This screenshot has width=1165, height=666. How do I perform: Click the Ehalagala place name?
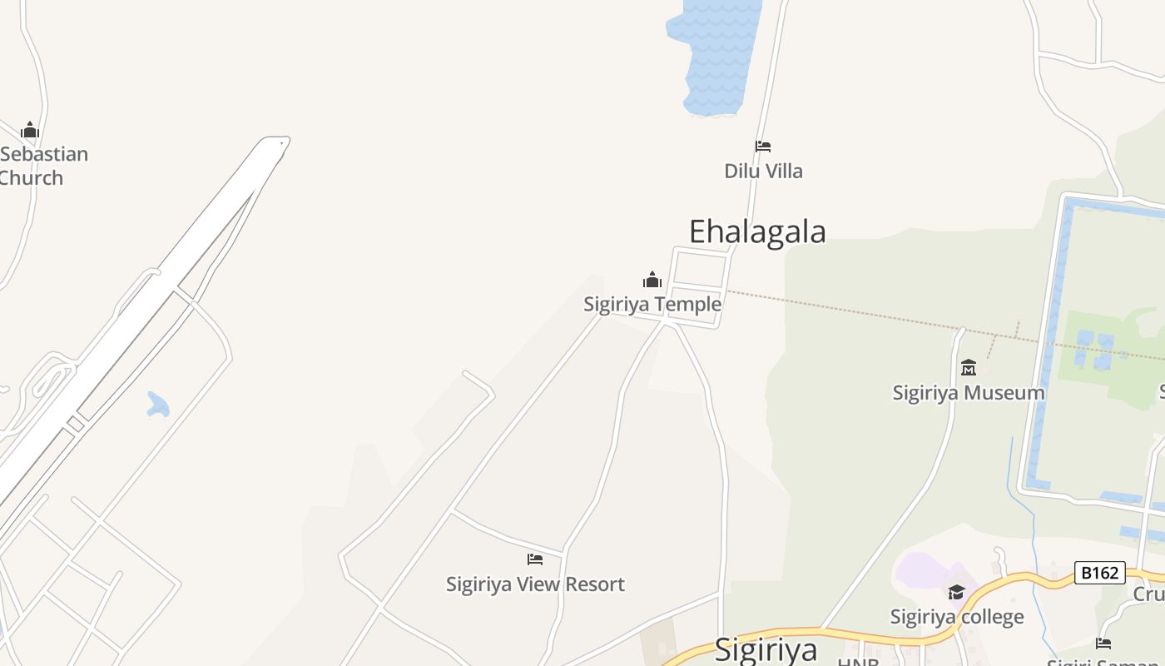(757, 231)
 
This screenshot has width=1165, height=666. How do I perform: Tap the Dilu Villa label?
(763, 171)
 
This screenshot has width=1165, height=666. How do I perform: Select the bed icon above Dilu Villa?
(763, 147)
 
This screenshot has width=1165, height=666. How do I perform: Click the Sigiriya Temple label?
(652, 305)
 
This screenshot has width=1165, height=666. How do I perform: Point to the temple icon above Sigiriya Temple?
(652, 280)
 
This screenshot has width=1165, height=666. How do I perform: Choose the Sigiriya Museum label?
(969, 393)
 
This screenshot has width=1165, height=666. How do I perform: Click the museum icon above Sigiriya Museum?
(969, 367)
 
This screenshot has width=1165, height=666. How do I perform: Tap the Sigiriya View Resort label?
(535, 584)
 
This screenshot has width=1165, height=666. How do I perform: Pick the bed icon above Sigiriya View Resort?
(535, 559)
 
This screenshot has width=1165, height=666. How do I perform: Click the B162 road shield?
(1099, 573)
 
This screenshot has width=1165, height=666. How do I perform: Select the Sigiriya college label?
(957, 617)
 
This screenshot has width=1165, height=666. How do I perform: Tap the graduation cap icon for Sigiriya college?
(957, 592)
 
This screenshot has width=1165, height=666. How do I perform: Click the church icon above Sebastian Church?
(30, 130)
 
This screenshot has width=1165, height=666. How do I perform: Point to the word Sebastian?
(44, 154)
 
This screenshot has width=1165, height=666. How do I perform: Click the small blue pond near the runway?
(157, 405)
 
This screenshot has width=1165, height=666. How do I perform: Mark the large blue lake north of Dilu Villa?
(716, 54)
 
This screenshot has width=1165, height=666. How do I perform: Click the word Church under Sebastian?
(31, 178)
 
